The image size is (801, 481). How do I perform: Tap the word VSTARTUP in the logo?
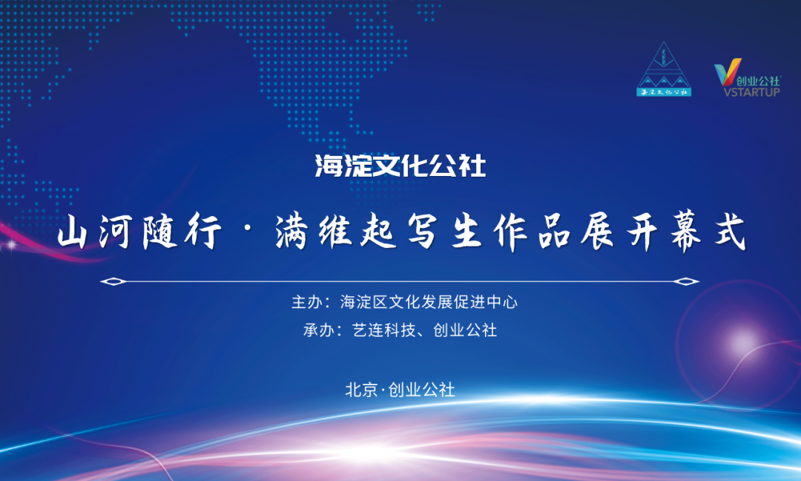click(751, 92)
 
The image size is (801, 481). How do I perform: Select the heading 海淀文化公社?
click(400, 166)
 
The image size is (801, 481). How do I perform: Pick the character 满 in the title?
click(291, 232)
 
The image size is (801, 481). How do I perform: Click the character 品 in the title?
click(554, 232)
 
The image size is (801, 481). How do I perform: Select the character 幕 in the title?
click(687, 232)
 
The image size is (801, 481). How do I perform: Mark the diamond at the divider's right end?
click(686, 281)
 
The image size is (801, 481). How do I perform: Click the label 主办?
click(306, 302)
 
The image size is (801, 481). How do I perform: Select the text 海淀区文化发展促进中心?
click(429, 302)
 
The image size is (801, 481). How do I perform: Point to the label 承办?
click(318, 330)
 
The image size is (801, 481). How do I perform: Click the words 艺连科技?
click(383, 330)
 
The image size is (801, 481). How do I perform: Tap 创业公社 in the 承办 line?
click(465, 330)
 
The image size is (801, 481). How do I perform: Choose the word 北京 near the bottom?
click(361, 390)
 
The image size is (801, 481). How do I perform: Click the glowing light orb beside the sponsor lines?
click(741, 342)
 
